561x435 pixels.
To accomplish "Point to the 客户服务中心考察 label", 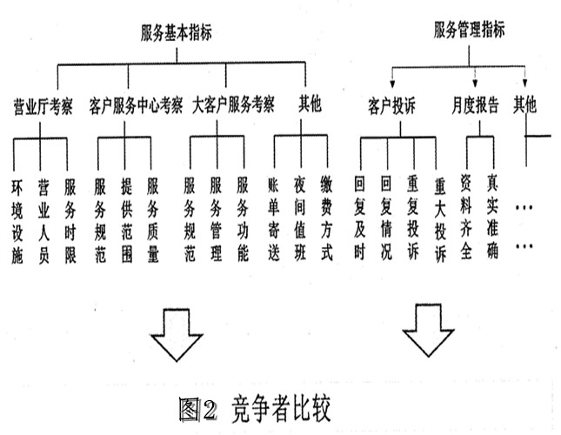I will click(136, 106).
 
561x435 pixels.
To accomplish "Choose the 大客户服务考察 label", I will click(232, 106).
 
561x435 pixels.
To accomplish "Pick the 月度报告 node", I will click(475, 107).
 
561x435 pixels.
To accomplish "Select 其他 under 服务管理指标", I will click(525, 106).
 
